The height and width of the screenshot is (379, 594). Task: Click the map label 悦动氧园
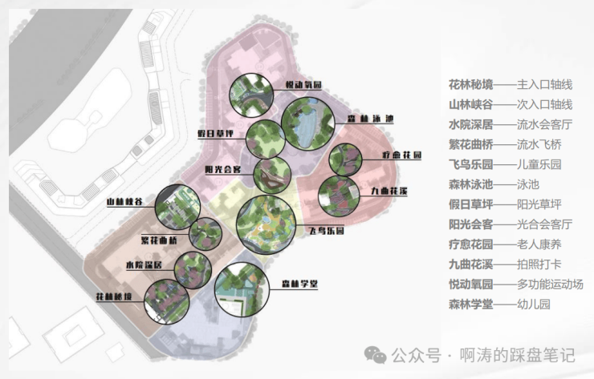click(303, 85)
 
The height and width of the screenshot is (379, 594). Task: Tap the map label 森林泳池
click(370, 119)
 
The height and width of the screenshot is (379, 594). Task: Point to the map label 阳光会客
click(223, 170)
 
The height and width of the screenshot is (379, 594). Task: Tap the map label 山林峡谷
click(124, 203)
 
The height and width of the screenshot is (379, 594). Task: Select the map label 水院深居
click(144, 264)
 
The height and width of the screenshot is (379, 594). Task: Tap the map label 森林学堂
click(301, 284)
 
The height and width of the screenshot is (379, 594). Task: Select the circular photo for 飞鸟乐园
click(266, 224)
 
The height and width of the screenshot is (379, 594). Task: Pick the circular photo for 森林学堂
click(244, 291)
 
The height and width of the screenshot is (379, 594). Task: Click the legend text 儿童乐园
click(539, 164)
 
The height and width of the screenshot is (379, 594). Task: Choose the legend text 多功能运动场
click(550, 284)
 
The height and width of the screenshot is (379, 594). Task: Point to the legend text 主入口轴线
click(544, 84)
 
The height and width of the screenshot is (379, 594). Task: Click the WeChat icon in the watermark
click(375, 355)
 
